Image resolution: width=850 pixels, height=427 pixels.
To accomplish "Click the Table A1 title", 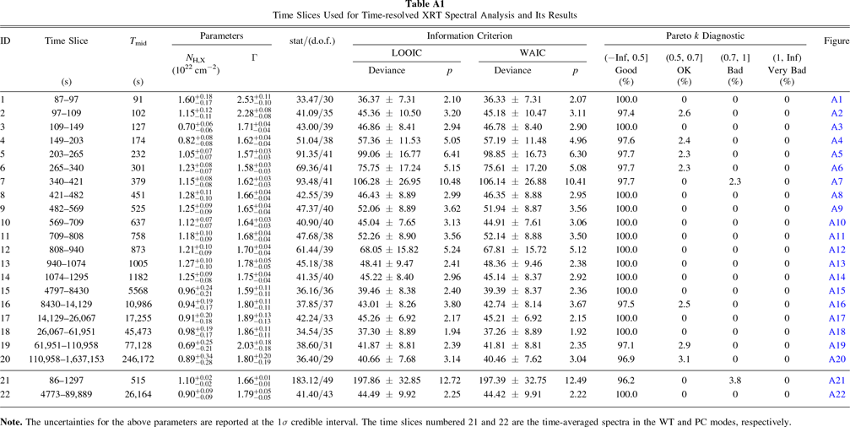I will tap(425, 5).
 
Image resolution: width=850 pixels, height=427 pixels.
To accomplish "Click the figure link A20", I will tap(836, 359).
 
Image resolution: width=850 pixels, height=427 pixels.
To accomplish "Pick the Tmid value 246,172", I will tap(138, 359).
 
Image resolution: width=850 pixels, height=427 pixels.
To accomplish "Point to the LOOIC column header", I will tap(406, 53).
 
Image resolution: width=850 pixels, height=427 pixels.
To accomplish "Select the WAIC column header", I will tap(529, 53).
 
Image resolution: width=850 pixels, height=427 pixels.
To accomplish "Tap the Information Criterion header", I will tap(469, 35).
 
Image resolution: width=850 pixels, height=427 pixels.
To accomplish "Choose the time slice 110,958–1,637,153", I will tap(67, 359).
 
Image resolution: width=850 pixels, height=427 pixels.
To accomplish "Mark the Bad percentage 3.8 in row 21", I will tap(734, 381).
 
